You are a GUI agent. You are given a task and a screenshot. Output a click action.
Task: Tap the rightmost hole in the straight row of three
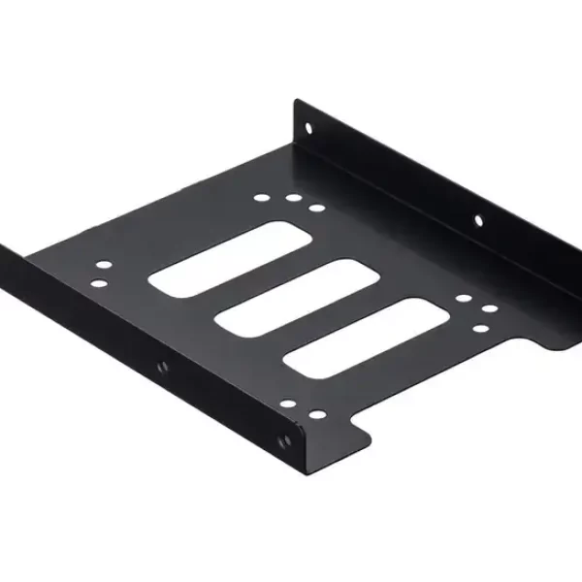pyautogui.click(x=316, y=208)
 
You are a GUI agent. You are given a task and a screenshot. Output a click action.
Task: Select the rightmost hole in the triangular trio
pyautogui.click(x=490, y=309)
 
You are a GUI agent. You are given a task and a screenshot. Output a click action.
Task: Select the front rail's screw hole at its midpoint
pyautogui.click(x=162, y=366)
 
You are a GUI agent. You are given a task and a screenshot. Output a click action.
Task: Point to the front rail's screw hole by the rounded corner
pyautogui.click(x=285, y=438)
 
